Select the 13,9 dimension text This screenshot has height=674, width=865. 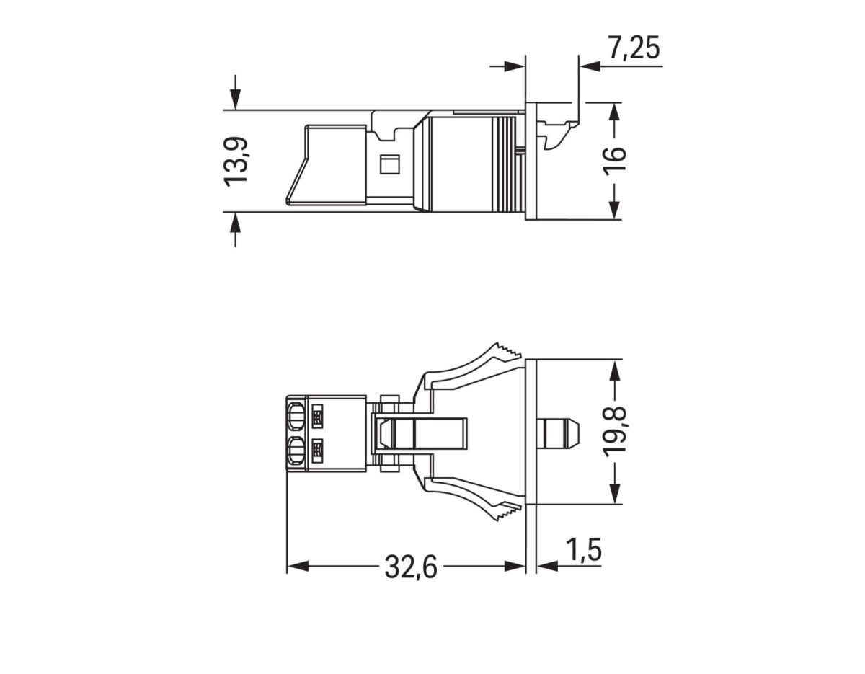tap(236, 161)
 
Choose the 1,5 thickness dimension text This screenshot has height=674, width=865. tap(582, 551)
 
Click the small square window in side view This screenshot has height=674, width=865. tap(389, 164)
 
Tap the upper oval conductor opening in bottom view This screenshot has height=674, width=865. tap(295, 417)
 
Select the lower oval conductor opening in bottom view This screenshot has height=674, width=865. tap(295, 453)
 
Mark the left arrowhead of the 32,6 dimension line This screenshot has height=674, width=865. tap(296, 567)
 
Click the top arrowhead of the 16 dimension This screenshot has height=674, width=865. tap(613, 111)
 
